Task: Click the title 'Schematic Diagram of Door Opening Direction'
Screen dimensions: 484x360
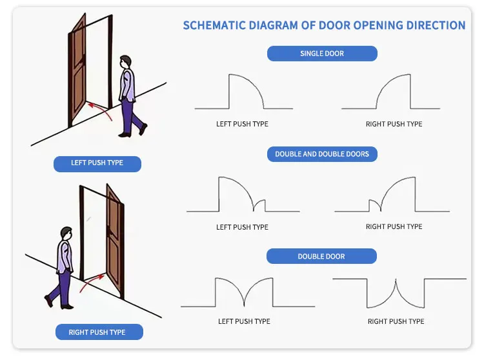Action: click(x=324, y=26)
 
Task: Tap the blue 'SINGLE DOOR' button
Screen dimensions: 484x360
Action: click(x=322, y=54)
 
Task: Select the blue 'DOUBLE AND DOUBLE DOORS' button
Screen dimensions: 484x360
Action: click(x=322, y=154)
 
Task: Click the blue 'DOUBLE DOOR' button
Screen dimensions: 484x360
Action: click(x=321, y=256)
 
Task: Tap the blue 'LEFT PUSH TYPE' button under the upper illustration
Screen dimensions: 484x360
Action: click(x=97, y=163)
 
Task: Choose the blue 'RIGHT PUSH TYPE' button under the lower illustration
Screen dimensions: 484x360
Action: click(x=97, y=332)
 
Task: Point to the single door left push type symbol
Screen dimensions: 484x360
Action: click(x=244, y=94)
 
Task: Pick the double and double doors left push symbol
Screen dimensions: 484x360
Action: click(x=243, y=195)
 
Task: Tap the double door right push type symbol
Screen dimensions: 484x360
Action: click(x=396, y=294)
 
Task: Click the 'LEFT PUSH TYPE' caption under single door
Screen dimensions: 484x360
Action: click(x=242, y=124)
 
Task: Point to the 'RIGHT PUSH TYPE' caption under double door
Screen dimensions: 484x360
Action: click(x=396, y=321)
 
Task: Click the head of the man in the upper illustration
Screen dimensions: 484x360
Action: click(x=125, y=62)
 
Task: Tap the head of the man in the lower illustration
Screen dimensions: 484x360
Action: click(x=66, y=233)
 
